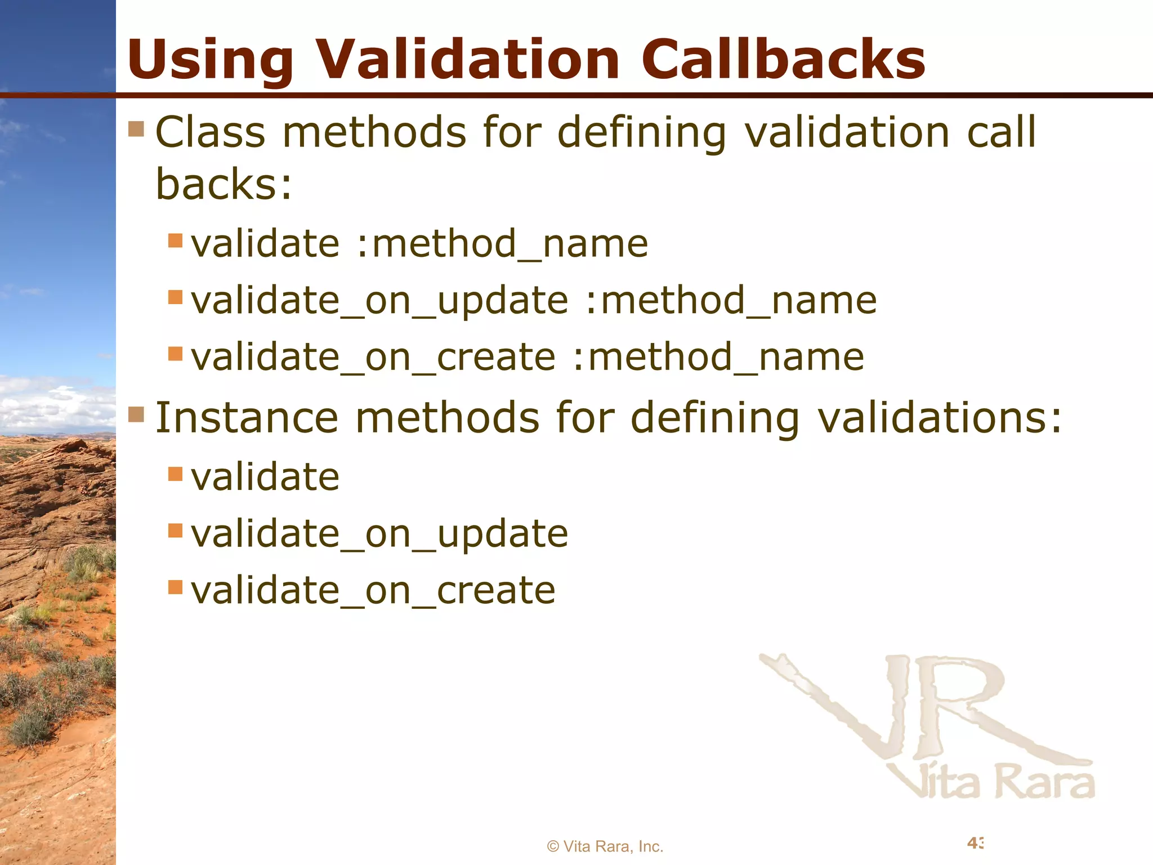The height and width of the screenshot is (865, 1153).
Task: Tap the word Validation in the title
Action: pos(467,59)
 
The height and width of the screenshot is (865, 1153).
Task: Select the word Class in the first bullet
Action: pos(210,132)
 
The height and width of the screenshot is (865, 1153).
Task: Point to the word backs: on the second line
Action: pos(224,185)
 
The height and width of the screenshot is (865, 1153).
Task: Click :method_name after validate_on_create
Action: pos(718,357)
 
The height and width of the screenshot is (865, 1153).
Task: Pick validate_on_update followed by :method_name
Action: pos(379,300)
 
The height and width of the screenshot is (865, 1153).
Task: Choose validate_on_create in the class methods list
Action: pos(373,357)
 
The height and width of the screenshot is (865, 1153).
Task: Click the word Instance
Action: pos(246,418)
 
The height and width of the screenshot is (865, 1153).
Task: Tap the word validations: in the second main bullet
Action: pos(939,418)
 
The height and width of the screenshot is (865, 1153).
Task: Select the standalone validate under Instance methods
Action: pos(265,477)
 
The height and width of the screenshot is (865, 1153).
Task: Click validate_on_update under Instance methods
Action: pos(379,534)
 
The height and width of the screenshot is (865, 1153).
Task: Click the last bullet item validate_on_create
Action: pos(373,591)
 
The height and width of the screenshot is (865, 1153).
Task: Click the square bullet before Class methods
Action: pos(136,129)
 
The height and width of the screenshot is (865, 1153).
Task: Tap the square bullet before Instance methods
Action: pos(136,414)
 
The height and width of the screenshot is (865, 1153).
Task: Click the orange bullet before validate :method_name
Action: pos(176,240)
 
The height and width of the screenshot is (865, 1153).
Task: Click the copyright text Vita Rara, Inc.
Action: pos(605,846)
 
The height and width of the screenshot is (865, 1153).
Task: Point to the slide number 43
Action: pos(975,842)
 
